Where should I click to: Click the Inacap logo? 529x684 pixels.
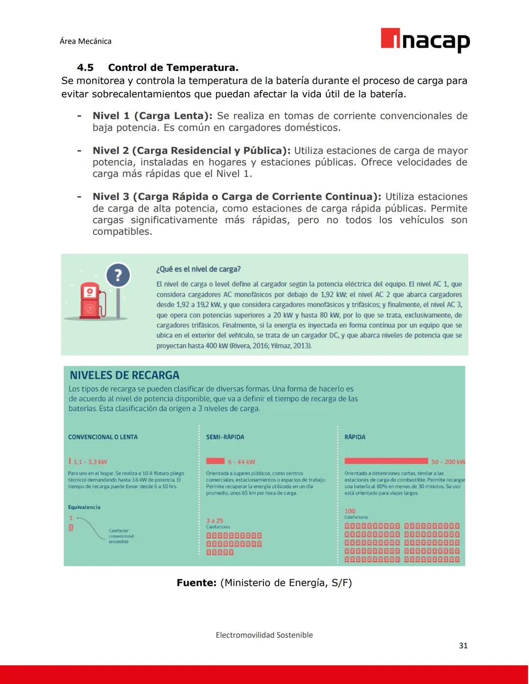pos(425,40)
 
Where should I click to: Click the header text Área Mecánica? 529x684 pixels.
pos(85,41)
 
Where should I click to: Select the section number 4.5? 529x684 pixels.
pos(85,68)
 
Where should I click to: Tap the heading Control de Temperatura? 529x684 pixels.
pos(173,68)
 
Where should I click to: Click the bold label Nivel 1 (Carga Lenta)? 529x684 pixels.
pos(152,116)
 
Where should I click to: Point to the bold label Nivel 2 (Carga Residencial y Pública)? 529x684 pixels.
pos(191,151)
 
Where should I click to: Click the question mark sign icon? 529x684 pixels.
pos(118,276)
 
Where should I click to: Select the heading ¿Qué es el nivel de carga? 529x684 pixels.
pos(198,269)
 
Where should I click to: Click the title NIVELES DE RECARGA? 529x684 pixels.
pos(124,376)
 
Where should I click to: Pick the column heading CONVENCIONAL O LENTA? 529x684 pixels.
pos(103,437)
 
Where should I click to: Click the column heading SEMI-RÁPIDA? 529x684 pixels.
pos(225,437)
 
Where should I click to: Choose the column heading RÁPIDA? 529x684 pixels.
pos(355,437)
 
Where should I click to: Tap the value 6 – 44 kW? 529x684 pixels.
pos(241,462)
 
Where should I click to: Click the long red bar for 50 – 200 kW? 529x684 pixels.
pos(386,461)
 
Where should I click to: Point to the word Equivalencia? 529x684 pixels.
pos(84,507)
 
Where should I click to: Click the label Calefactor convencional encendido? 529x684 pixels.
pos(121,536)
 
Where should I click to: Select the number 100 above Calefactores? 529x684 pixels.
pos(350,511)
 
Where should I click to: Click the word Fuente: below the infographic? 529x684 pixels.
pos(196,583)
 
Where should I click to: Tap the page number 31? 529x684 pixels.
pos(463,646)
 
